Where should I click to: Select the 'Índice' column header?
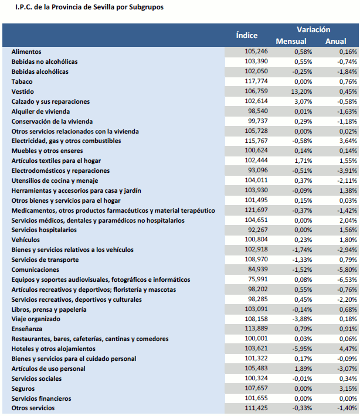pyautogui.click(x=247, y=35)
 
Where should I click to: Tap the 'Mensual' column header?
pyautogui.click(x=291, y=42)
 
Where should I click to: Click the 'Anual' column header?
pyautogui.click(x=335, y=42)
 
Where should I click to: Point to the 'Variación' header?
pyautogui.click(x=313, y=29)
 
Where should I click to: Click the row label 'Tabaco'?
pyautogui.click(x=22, y=81)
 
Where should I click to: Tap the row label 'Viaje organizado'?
pyautogui.click(x=36, y=319)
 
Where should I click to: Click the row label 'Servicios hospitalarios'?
pyautogui.click(x=44, y=230)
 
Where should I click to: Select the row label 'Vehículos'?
pyautogui.click(x=26, y=240)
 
